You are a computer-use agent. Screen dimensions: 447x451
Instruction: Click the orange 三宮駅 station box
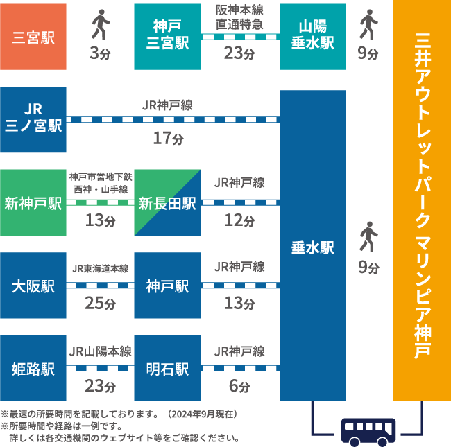coord(33,37)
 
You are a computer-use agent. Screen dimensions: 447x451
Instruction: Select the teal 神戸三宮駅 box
coord(167,37)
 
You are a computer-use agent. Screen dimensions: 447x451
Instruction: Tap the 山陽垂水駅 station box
coord(312,37)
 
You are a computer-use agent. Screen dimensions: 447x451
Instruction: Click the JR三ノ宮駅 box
coord(33,119)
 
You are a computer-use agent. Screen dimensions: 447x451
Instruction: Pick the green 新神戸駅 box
coord(33,202)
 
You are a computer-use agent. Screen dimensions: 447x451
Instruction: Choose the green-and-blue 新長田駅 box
coord(167,202)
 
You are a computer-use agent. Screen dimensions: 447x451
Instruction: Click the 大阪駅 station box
coord(33,286)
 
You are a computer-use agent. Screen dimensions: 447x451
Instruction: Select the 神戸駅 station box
coord(167,286)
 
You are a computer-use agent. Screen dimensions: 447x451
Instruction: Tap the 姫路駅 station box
coord(33,368)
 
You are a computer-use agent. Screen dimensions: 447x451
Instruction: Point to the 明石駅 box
coord(167,368)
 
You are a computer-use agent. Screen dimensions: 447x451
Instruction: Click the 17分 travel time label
coord(168,139)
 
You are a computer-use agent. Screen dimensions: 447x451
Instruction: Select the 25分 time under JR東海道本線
coord(100,304)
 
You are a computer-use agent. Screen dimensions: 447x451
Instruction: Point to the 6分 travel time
coord(239,386)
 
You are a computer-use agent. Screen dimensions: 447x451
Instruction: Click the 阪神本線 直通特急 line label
coord(239,17)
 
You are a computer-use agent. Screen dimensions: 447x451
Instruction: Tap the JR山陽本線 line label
coord(100,351)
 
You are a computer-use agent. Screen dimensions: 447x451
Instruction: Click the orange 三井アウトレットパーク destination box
coord(420,201)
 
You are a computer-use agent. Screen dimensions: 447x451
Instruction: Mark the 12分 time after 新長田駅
coord(239,220)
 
